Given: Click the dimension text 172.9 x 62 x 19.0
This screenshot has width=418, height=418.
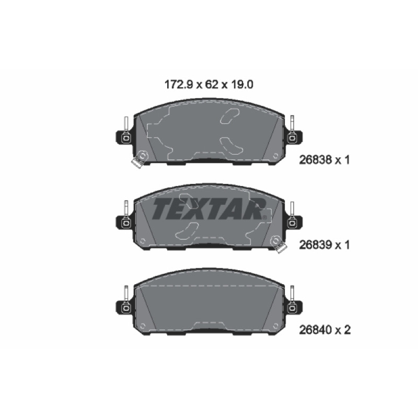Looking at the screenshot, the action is tap(208, 85).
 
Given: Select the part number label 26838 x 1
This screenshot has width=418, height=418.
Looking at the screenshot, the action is tap(324, 160).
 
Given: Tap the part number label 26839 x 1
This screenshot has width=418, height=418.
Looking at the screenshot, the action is tap(324, 245).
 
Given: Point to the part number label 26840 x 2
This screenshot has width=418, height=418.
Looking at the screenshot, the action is tap(324, 330).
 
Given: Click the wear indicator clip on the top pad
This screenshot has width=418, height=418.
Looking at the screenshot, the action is tap(140, 159).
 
